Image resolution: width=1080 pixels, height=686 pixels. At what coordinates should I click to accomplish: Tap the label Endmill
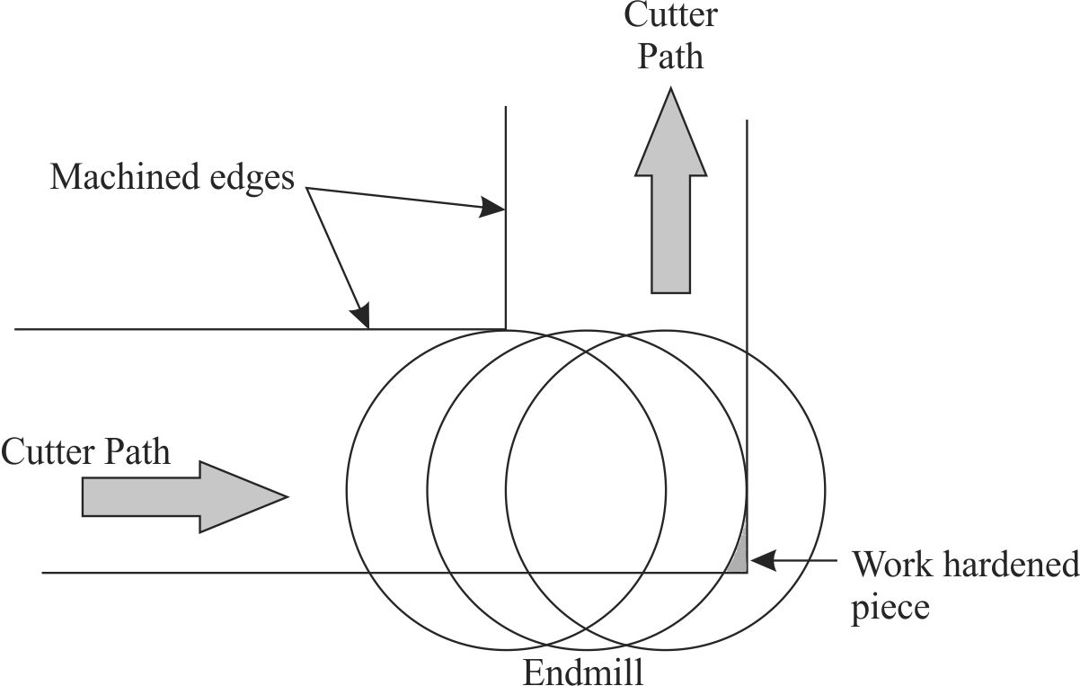583,672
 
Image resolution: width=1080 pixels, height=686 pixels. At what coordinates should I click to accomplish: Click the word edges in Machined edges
254,176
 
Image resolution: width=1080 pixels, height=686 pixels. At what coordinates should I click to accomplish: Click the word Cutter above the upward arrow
671,15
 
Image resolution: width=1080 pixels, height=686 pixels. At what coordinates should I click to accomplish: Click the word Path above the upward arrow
671,58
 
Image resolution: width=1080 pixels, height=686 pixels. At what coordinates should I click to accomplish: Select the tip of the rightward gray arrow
287,496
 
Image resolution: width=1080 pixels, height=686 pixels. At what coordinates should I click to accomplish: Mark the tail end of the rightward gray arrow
84,496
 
